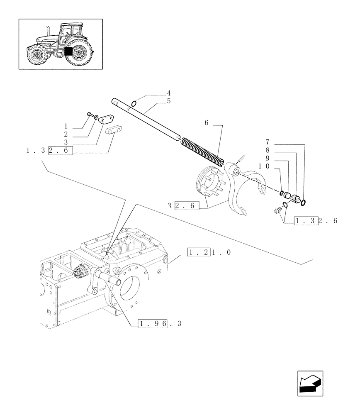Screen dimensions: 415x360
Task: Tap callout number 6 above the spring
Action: (x=206, y=123)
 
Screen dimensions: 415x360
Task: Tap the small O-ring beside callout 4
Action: (x=134, y=103)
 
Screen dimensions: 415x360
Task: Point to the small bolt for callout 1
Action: (x=90, y=114)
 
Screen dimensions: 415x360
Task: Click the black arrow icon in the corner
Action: (x=310, y=383)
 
